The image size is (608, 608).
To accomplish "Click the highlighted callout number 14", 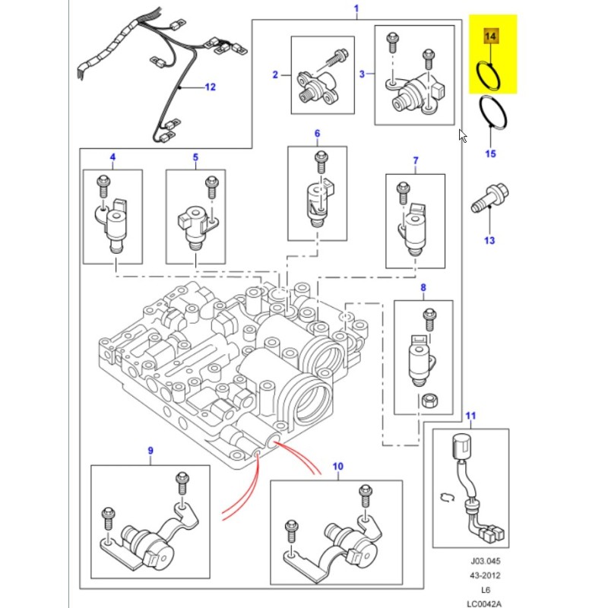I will [x=490, y=36].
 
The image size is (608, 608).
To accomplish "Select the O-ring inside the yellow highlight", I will [x=486, y=74].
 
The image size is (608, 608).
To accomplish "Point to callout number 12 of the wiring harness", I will [x=210, y=87].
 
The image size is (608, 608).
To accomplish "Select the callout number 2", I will [x=276, y=74].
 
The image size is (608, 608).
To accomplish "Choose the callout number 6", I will [x=317, y=134].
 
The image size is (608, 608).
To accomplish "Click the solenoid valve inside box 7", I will [x=414, y=228].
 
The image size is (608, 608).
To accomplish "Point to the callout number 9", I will [x=150, y=451].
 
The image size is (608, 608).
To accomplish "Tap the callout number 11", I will [x=470, y=415].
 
